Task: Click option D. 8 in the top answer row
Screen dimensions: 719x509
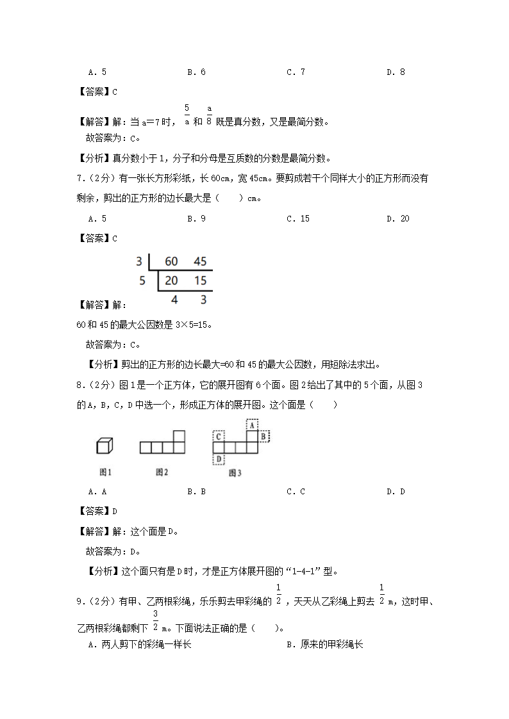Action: (395, 72)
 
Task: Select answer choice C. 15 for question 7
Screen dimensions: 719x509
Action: (297, 219)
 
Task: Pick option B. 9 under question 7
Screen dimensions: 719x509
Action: (196, 219)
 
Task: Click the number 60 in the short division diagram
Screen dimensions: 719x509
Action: (171, 261)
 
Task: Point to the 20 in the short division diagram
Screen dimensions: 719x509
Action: (171, 280)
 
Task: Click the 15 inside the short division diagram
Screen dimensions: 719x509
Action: (200, 280)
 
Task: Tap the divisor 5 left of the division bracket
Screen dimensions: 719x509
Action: (142, 280)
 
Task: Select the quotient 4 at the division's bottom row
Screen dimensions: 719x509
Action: (174, 299)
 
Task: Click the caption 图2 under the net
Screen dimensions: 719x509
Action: (162, 473)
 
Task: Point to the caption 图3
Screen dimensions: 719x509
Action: (235, 473)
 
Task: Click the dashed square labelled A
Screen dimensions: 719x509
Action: (252, 424)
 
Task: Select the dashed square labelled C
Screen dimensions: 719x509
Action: (219, 436)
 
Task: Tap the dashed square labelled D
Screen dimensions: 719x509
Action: (219, 459)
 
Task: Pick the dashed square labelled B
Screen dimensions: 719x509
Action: (263, 436)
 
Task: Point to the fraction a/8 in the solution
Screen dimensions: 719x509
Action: (209, 116)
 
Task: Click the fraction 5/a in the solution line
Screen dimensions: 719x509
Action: (187, 115)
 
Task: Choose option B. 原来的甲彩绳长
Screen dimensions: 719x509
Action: (324, 645)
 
